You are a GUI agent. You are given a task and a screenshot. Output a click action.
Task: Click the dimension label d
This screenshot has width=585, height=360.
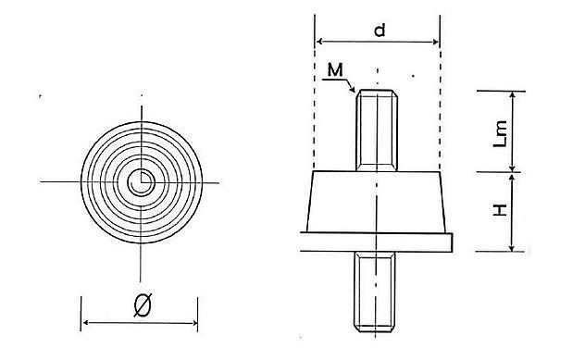tap(380, 30)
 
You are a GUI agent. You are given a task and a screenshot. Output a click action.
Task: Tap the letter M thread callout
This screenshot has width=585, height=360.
tap(335, 69)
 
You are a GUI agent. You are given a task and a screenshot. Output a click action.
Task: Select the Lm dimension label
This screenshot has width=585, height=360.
tap(500, 133)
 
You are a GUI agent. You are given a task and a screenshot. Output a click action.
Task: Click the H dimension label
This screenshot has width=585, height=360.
tap(500, 210)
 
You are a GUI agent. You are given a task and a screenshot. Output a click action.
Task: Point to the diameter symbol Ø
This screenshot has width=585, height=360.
tap(143, 305)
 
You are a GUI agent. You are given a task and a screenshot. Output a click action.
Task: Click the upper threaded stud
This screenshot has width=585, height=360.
tap(377, 130)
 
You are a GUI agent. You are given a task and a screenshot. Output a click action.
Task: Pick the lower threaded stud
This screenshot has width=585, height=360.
tap(375, 292)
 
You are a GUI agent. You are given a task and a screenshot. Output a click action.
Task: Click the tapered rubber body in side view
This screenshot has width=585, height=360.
tap(376, 202)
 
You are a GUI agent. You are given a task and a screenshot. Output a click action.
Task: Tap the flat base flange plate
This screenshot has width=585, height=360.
tap(377, 242)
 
